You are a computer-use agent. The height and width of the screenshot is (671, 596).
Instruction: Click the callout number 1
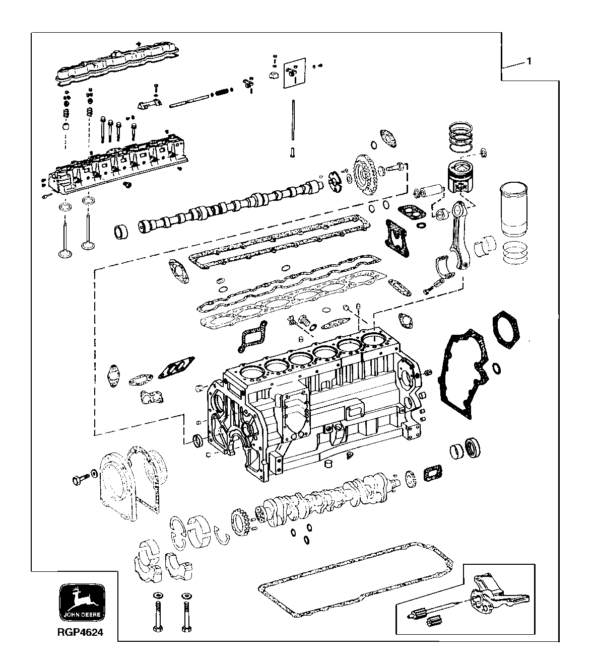click(x=528, y=61)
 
